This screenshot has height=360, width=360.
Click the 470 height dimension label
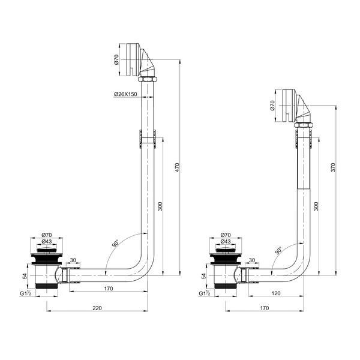(177, 167)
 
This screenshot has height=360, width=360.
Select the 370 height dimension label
(333, 167)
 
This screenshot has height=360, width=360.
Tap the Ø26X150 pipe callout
(125, 94)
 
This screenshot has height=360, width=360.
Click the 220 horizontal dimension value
(97, 308)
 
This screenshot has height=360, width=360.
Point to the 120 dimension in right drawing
(276, 293)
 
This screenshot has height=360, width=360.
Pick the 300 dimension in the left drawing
(160, 206)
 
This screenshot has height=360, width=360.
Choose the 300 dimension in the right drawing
(316, 206)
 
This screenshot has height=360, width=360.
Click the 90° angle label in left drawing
(115, 244)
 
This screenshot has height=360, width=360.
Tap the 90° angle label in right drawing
(278, 250)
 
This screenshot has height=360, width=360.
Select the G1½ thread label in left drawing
(25, 293)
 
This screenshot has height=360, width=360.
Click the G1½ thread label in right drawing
(205, 293)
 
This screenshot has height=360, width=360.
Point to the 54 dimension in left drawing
(25, 276)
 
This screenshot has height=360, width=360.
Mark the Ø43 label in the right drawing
(226, 242)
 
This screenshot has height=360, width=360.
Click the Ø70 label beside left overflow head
(116, 59)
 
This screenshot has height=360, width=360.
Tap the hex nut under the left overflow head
(148, 79)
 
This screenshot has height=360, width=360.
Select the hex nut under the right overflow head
(304, 125)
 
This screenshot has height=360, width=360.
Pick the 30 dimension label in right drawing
(252, 260)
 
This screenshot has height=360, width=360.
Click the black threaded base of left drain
(47, 286)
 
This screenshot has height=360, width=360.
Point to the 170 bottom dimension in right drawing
(265, 308)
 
